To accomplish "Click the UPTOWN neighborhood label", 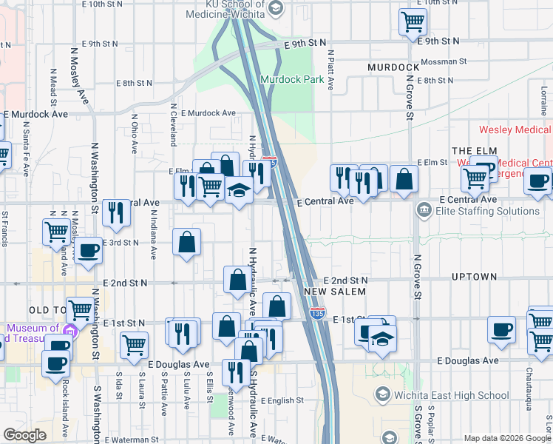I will pyautogui.click(x=474, y=277).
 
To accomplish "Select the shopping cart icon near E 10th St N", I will pyautogui.click(x=413, y=21).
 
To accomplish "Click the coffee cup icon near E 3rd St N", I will pyautogui.click(x=89, y=249).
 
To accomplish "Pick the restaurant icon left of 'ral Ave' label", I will pyautogui.click(x=116, y=212).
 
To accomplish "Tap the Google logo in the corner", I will pyautogui.click(x=24, y=435).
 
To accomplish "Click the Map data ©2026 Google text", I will pyautogui.click(x=506, y=438).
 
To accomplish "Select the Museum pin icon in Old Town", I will pyautogui.click(x=71, y=329).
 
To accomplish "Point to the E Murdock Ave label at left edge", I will pyautogui.click(x=35, y=115).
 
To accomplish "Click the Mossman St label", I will pyautogui.click(x=444, y=62).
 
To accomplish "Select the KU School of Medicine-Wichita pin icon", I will pyautogui.click(x=276, y=8).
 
